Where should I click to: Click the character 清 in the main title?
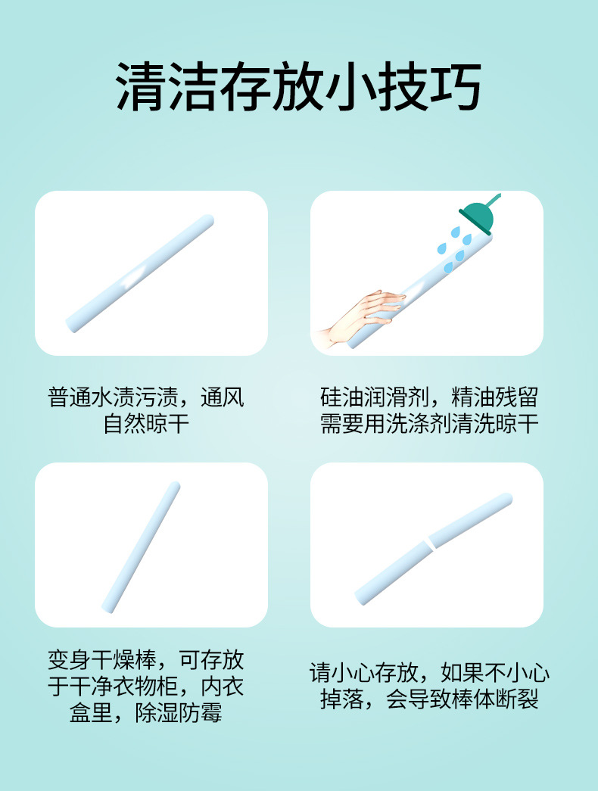click(x=142, y=86)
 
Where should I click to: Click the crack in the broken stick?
click(x=429, y=542)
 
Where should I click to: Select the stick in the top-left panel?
click(x=140, y=273)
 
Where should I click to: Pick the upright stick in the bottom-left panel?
click(x=142, y=546)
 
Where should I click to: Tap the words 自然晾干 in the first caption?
click(x=147, y=424)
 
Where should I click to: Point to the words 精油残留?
click(x=494, y=398)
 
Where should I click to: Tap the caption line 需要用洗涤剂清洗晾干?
click(x=429, y=424)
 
